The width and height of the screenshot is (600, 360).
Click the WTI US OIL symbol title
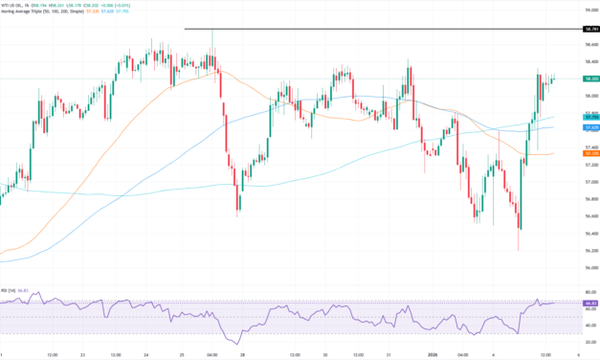point(19,5)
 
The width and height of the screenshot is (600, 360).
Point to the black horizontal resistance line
point(383,30)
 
